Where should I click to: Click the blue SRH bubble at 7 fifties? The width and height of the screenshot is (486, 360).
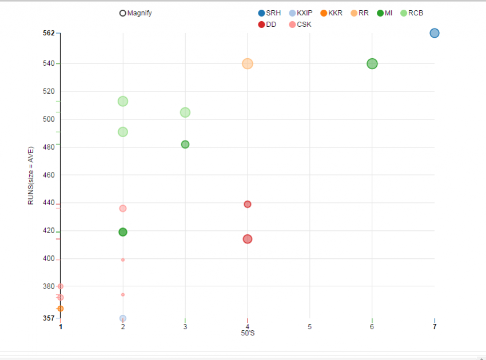[x=434, y=33]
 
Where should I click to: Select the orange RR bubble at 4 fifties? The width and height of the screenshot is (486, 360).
[x=248, y=64]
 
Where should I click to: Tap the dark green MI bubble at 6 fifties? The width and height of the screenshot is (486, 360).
[x=372, y=64]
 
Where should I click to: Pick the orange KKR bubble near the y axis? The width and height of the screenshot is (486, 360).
[x=61, y=309]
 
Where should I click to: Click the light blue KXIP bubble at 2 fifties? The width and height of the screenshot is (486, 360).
[x=123, y=318]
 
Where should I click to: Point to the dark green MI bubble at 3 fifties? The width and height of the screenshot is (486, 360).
[x=185, y=145]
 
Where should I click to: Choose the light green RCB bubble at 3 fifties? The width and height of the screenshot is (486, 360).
[x=185, y=113]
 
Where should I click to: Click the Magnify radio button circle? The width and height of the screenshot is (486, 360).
[x=123, y=13]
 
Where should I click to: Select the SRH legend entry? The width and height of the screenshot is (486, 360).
[x=269, y=13]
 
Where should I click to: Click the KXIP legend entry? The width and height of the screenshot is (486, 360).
[x=301, y=13]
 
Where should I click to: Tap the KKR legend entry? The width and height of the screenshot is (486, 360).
[x=332, y=13]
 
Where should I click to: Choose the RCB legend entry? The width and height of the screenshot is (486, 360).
[x=412, y=13]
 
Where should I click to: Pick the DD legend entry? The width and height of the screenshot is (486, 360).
[x=267, y=25]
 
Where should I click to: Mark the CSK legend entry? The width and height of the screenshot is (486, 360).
[x=300, y=25]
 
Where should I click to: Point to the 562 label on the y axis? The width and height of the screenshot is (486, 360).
[x=49, y=33]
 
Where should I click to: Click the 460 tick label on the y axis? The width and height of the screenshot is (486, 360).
[x=49, y=175]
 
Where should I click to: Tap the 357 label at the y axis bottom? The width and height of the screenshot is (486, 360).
[x=49, y=318]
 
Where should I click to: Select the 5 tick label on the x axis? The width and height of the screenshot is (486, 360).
[x=310, y=327]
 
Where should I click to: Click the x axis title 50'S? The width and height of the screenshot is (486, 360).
[x=248, y=333]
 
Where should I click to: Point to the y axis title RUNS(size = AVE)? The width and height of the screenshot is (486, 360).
[x=31, y=176]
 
